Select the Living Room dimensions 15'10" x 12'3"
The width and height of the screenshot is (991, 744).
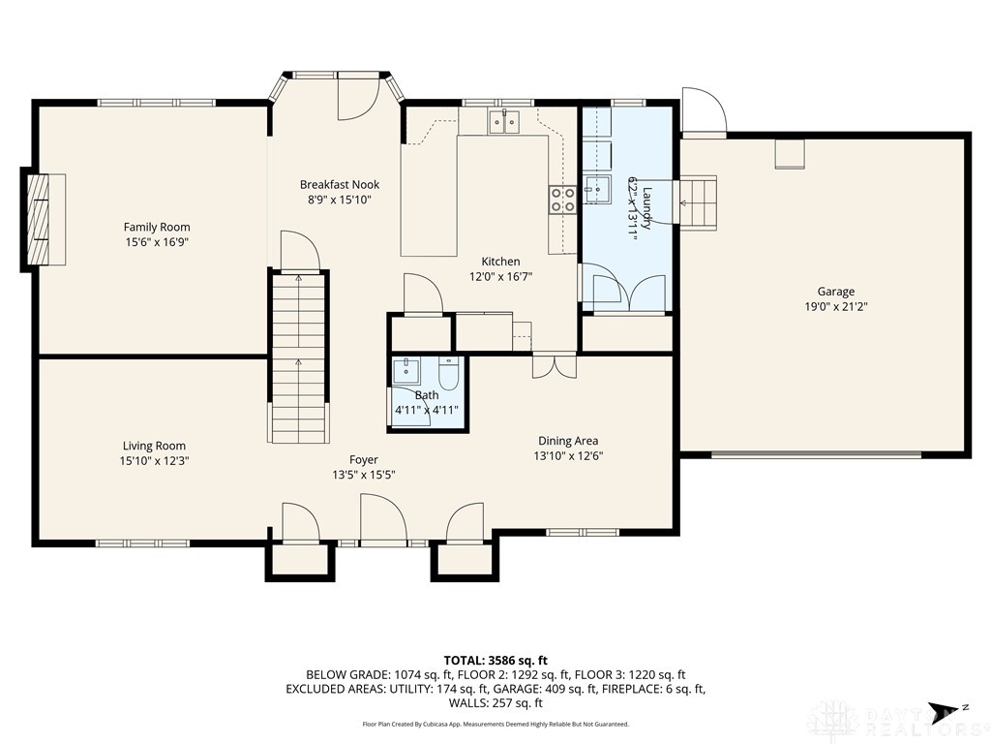(x=154, y=461)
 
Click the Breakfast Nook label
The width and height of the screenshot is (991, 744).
(x=339, y=184)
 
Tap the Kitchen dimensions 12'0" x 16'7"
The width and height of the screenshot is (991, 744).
(x=500, y=276)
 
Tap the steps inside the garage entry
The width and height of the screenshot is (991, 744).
(x=698, y=202)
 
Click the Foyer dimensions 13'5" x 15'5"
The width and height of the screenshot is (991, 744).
(x=364, y=475)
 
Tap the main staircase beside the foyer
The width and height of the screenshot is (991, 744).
(x=298, y=356)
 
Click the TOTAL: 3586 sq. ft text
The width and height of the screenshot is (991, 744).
(x=495, y=660)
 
